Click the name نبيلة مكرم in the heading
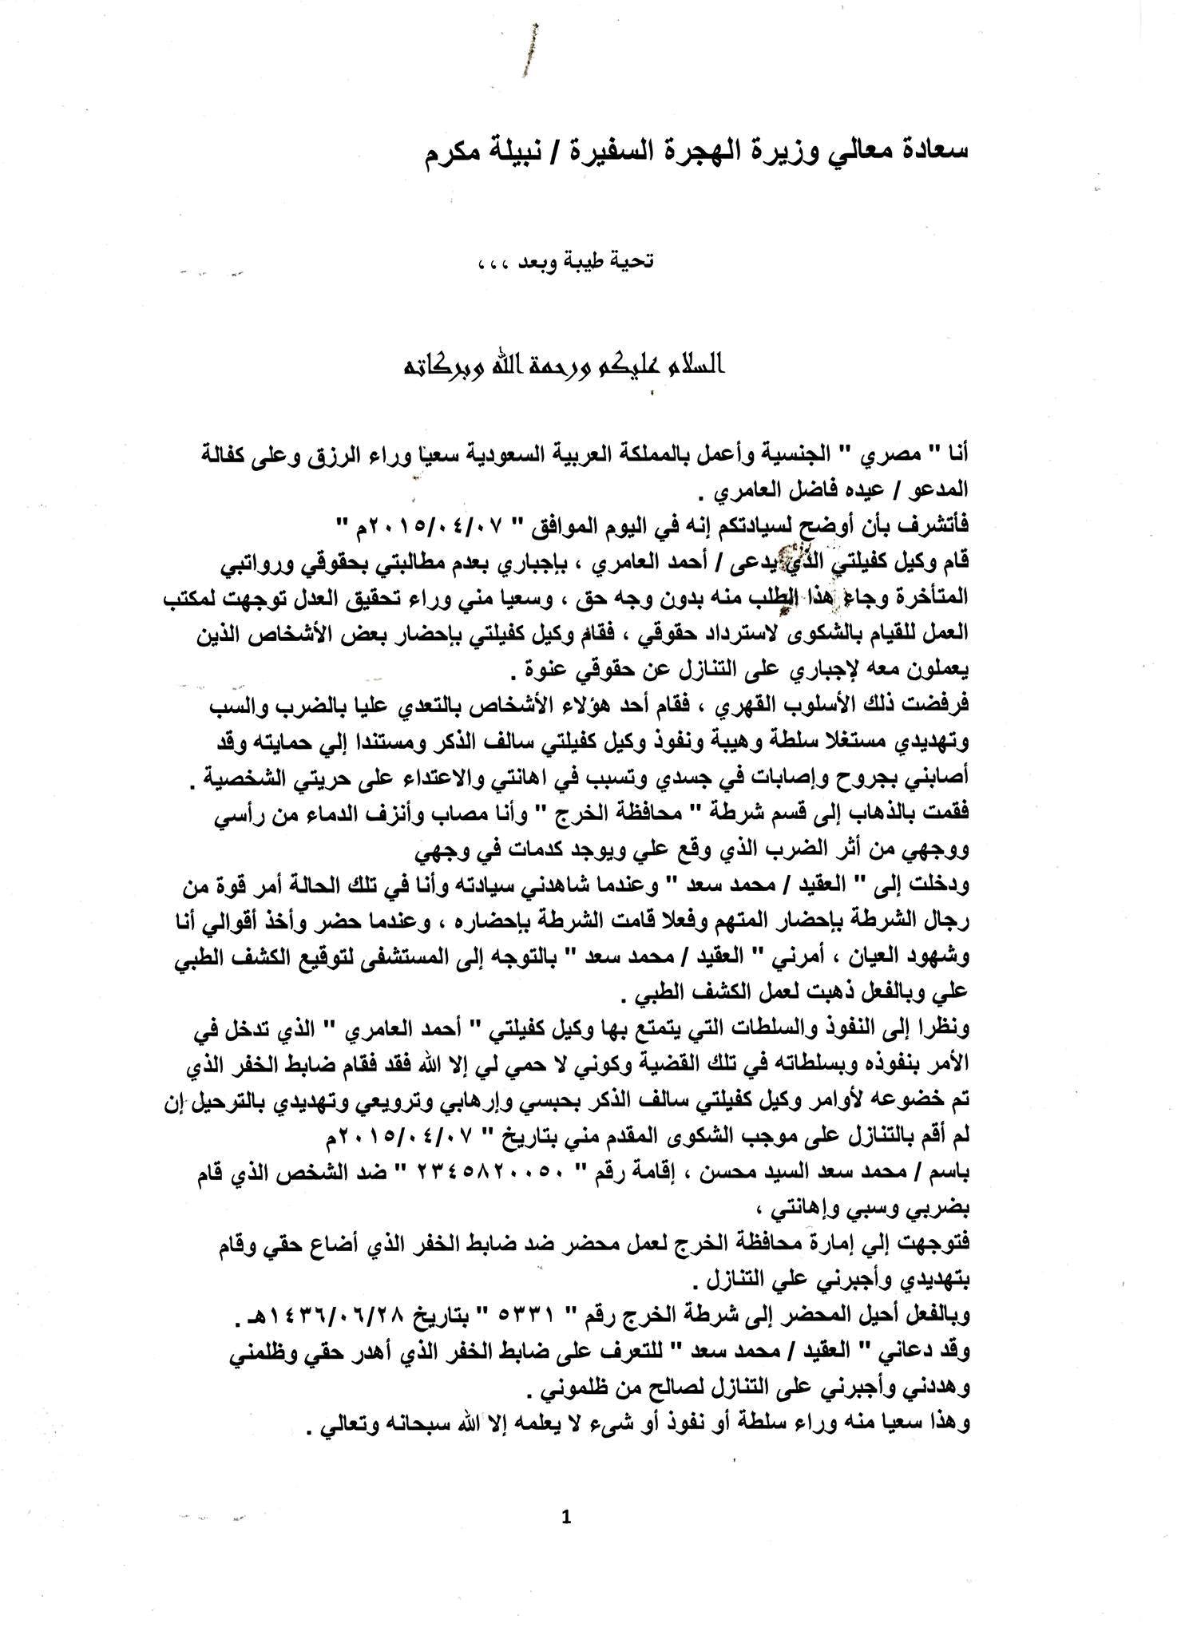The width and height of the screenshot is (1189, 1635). click(479, 152)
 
